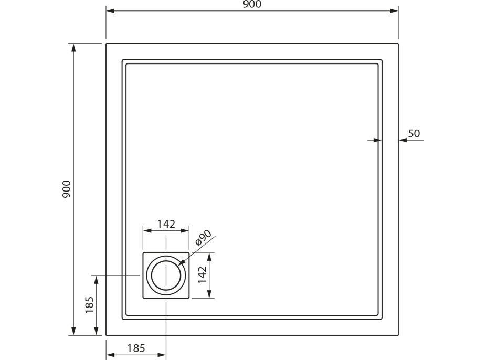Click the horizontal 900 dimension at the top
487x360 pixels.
[252, 4]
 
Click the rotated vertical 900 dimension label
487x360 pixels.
[67, 189]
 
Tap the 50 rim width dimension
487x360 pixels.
[414, 134]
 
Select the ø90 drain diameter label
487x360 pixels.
[204, 238]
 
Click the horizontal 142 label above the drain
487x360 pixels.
[166, 224]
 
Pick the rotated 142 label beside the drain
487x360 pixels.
[202, 274]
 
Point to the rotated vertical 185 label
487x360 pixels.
[89, 305]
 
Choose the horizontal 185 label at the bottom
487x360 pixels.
[136, 348]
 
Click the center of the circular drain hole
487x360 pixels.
[166, 276]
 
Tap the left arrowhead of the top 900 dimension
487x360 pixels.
[110, 11]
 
